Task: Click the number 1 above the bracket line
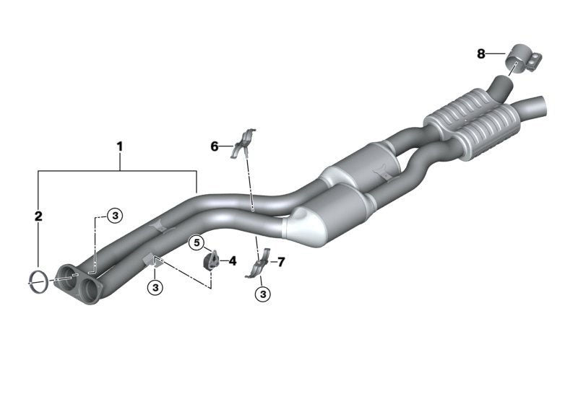[x=119, y=146]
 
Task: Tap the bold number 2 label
[x=38, y=216]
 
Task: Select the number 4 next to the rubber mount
[x=232, y=261]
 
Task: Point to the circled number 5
[x=197, y=243]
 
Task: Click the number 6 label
[x=215, y=146]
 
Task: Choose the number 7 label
[x=281, y=263]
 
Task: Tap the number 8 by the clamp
[x=481, y=54]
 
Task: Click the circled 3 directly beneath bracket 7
[x=263, y=294]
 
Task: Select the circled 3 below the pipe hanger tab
[x=155, y=287]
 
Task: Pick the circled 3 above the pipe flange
[x=115, y=215]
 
